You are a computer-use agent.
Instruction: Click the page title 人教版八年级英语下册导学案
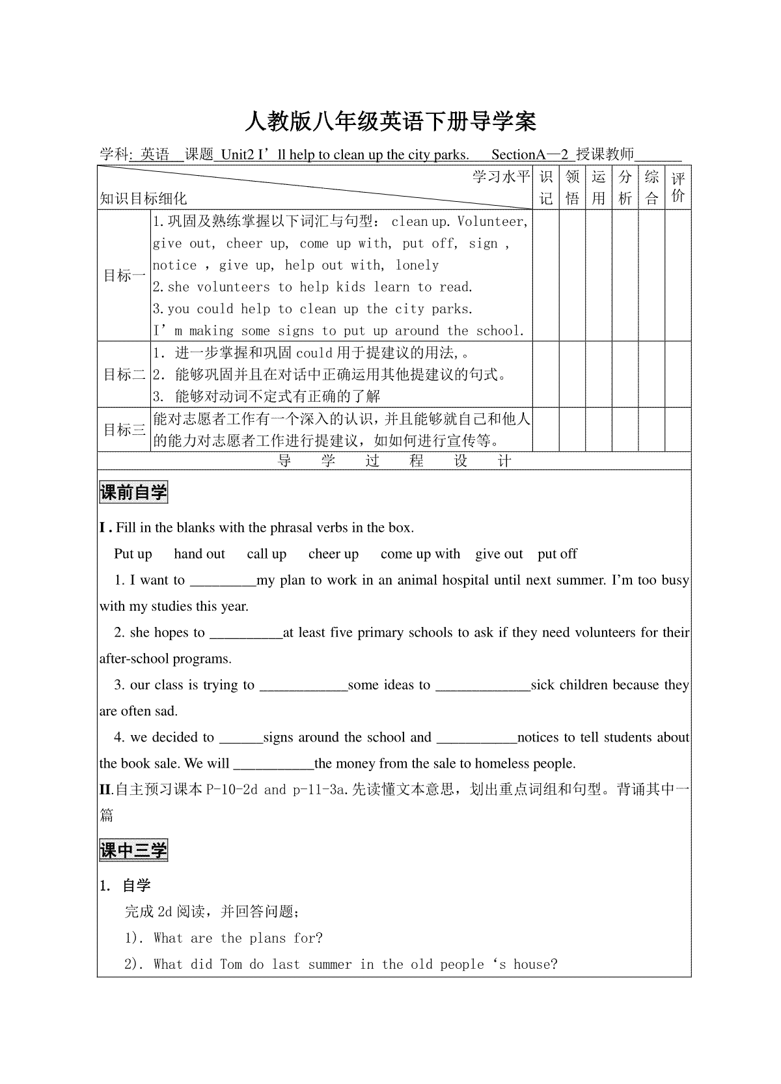(x=390, y=121)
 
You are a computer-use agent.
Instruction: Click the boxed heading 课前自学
(x=133, y=492)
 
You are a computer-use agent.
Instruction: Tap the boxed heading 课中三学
(x=133, y=850)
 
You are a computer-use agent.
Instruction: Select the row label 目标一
(x=124, y=275)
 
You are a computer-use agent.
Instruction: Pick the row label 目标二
(x=124, y=374)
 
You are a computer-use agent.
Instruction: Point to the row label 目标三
(x=124, y=430)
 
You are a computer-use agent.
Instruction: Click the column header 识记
(x=546, y=188)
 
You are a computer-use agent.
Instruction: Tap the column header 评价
(x=678, y=188)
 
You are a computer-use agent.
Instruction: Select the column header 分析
(x=625, y=188)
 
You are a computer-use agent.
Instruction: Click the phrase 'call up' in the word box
(x=267, y=554)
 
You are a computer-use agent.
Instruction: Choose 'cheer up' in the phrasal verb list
(x=333, y=554)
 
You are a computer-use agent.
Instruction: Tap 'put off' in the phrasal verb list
(x=557, y=554)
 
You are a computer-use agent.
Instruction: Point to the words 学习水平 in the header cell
(x=501, y=177)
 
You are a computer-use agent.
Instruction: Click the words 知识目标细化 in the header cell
(x=143, y=199)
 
